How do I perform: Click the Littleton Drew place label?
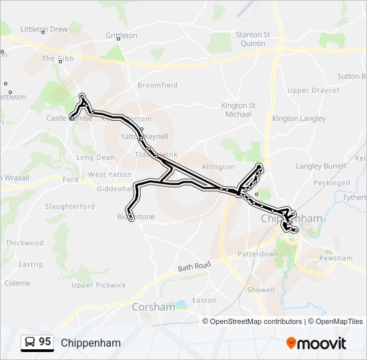[44, 29]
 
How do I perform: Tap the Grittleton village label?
[121, 35]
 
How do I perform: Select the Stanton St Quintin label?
[253, 39]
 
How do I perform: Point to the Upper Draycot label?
[313, 90]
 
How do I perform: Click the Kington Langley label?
[294, 119]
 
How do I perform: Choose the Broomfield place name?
[157, 85]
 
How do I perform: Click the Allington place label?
[218, 167]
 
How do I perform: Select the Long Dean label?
[95, 158]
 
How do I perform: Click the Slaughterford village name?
[70, 207]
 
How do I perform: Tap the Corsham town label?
[153, 307]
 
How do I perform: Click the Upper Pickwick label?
[99, 285]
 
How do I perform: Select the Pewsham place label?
[336, 258]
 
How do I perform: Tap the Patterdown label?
[258, 255]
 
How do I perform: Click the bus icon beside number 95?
[30, 343]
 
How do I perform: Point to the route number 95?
[45, 342]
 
